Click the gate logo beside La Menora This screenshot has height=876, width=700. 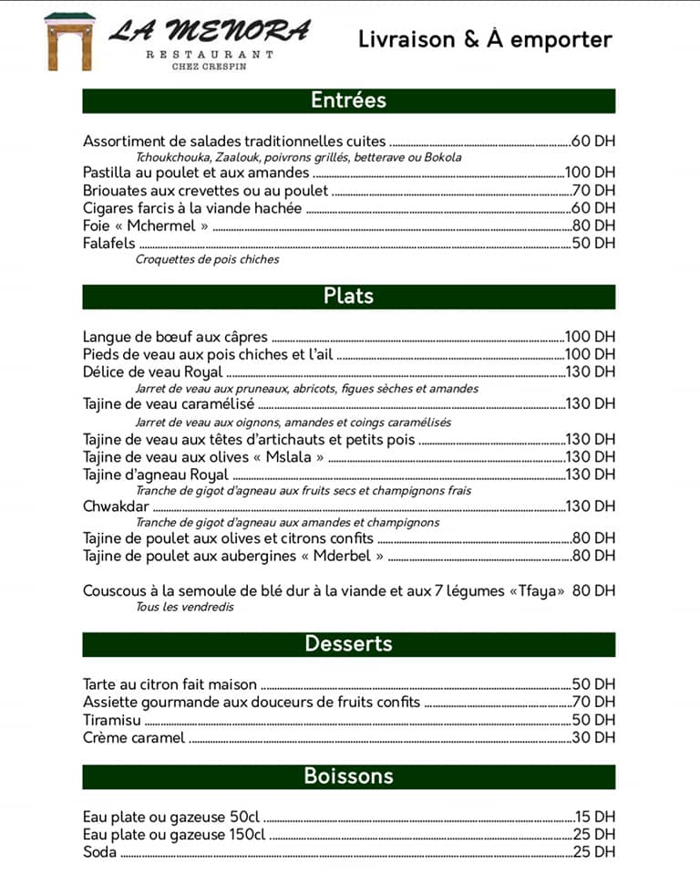[x=69, y=42]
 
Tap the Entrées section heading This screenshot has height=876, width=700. [x=348, y=100]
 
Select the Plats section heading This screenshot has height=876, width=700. [x=348, y=297]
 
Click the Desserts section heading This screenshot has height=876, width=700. [x=348, y=644]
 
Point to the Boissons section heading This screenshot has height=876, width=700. [x=348, y=777]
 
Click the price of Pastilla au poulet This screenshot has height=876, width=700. [x=590, y=172]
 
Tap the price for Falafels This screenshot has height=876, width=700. [x=593, y=244]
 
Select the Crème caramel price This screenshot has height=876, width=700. [x=593, y=738]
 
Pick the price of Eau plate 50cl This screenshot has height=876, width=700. [x=594, y=818]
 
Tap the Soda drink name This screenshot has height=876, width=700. [x=100, y=853]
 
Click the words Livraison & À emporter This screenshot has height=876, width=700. [x=485, y=40]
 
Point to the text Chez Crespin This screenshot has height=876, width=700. [x=210, y=66]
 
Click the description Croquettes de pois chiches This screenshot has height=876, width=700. [x=207, y=260]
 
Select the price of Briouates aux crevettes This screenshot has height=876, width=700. [x=593, y=191]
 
